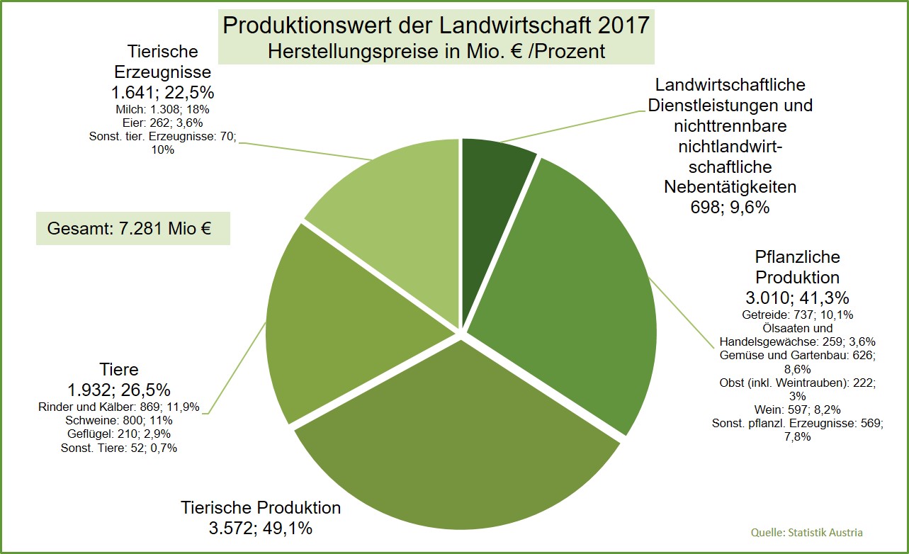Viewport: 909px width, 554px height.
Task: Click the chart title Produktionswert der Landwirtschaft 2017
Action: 436,26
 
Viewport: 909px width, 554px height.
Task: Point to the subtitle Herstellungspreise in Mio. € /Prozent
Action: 436,51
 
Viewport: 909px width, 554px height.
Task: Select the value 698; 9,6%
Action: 730,207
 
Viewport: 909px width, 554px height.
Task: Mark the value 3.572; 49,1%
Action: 261,528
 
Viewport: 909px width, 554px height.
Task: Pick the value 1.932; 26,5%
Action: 118,390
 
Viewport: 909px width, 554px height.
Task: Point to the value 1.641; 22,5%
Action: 162,93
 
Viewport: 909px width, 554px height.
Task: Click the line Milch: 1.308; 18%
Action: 162,109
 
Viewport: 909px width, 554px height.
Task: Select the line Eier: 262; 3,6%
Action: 162,123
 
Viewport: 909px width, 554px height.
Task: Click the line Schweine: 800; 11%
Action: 118,420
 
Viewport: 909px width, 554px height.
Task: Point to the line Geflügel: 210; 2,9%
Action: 118,434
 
